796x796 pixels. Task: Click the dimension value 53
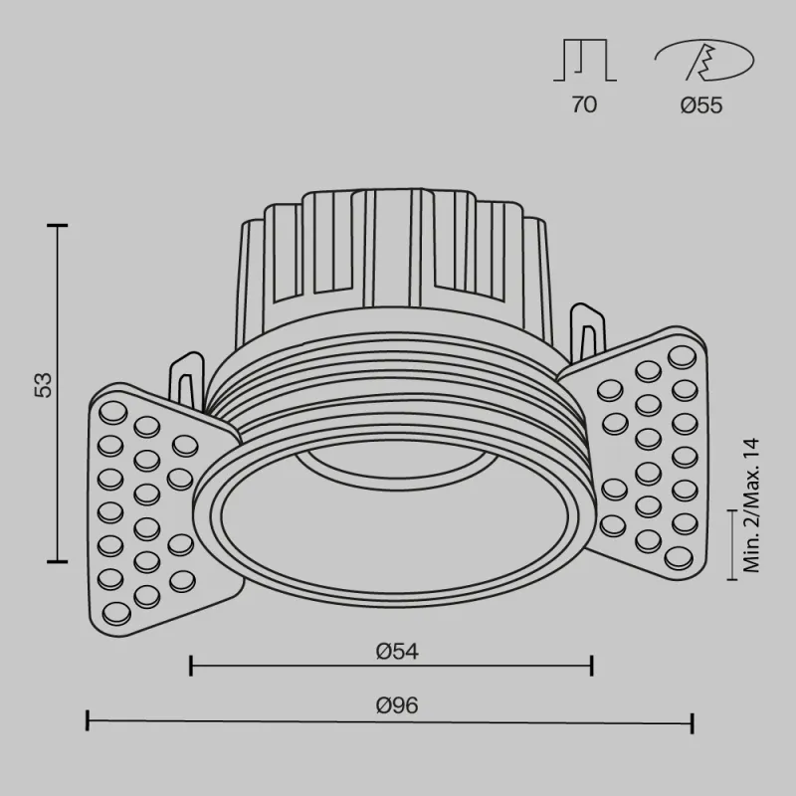pyautogui.click(x=43, y=386)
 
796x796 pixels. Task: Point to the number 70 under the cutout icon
pyautogui.click(x=585, y=105)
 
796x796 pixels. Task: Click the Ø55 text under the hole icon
pyautogui.click(x=701, y=105)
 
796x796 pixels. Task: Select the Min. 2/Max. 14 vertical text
pyautogui.click(x=751, y=507)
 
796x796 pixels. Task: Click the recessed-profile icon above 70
pyautogui.click(x=585, y=62)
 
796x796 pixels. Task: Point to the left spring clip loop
pyautogui.click(x=185, y=378)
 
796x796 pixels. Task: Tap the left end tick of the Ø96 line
pyautogui.click(x=89, y=721)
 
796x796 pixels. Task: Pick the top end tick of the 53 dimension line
pyautogui.click(x=58, y=227)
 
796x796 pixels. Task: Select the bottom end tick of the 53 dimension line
pyautogui.click(x=58, y=559)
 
